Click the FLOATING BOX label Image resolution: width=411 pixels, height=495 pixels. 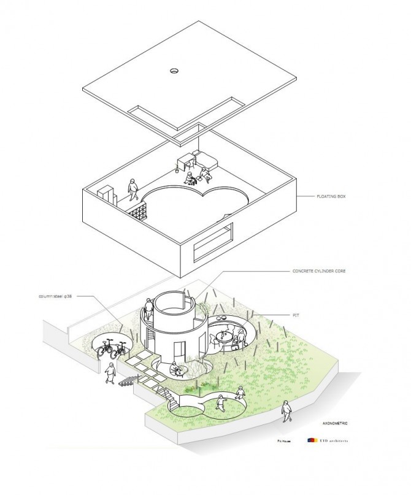coord(317,197)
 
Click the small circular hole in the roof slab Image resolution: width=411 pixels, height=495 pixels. coord(174,71)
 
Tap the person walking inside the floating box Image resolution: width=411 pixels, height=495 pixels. coord(132,188)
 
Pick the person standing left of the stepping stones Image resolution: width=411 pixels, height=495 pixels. coord(110,374)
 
